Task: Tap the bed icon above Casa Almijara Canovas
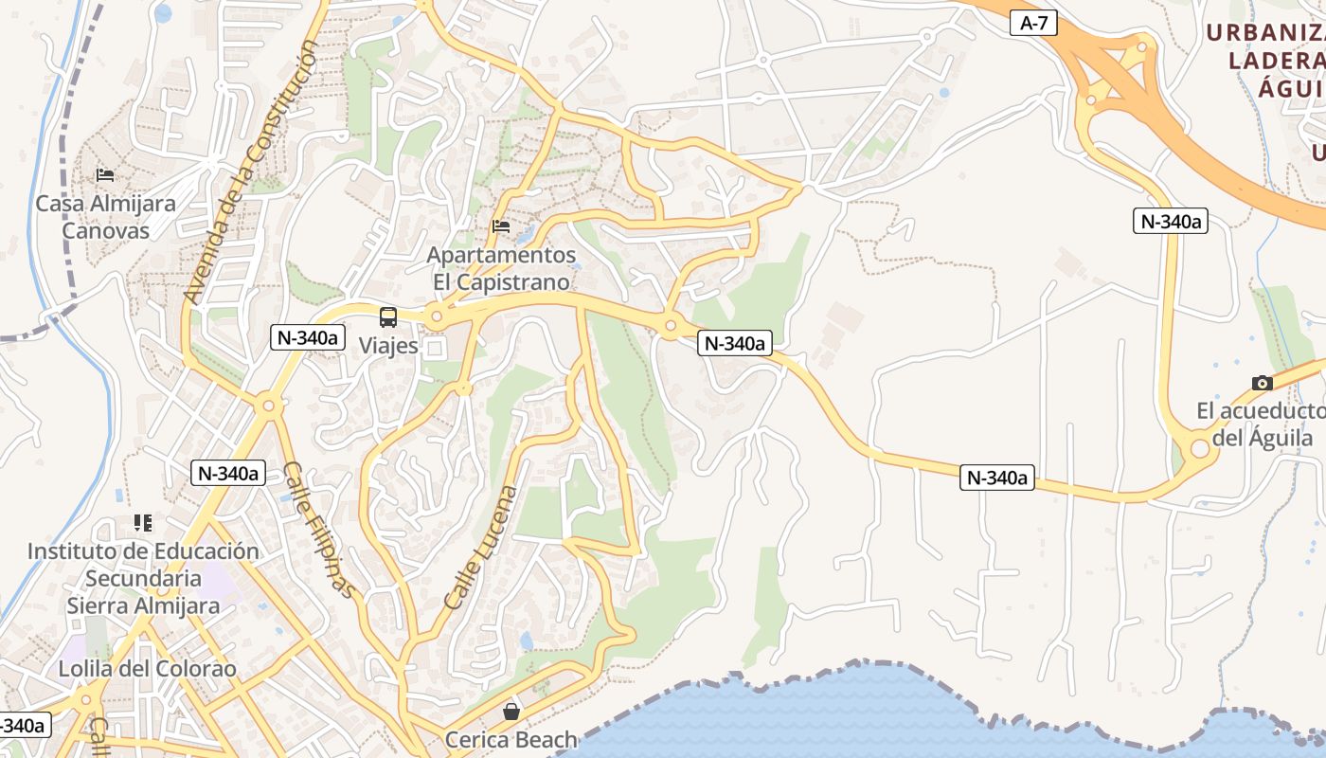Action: pyautogui.click(x=105, y=175)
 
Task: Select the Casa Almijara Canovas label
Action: pyautogui.click(x=105, y=217)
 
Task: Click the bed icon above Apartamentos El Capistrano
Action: pyautogui.click(x=501, y=226)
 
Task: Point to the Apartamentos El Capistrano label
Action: pyautogui.click(x=501, y=268)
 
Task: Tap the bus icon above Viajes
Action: pyautogui.click(x=388, y=317)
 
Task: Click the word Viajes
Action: pyautogui.click(x=388, y=346)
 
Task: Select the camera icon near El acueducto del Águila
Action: pyautogui.click(x=1262, y=383)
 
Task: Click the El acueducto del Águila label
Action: pyautogui.click(x=1260, y=424)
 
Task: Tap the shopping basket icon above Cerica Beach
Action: pyautogui.click(x=511, y=711)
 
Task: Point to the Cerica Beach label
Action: pyautogui.click(x=511, y=739)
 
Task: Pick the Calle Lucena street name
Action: pyautogui.click(x=480, y=547)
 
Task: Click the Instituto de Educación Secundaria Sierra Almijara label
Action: pyautogui.click(x=143, y=578)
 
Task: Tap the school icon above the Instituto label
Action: pyautogui.click(x=143, y=522)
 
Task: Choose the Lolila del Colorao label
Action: pyautogui.click(x=147, y=669)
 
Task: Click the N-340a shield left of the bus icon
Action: pyautogui.click(x=306, y=336)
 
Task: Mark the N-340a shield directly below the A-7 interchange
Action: pyautogui.click(x=1170, y=222)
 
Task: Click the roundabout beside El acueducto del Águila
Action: pyautogui.click(x=1200, y=446)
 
